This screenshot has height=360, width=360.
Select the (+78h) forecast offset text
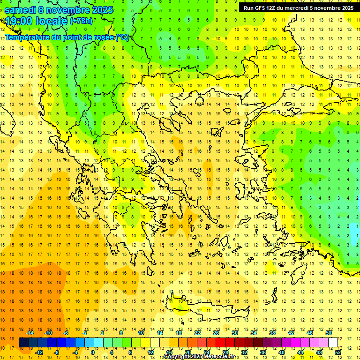81,21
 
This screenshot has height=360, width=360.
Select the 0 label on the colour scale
93,352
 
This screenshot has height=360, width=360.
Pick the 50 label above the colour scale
329,333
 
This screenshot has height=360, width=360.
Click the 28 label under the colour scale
225,352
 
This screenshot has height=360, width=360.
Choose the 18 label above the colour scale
179,333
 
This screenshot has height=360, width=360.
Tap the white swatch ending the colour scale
333,343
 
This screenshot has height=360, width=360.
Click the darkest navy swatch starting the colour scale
23,343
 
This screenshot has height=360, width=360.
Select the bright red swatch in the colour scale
221,343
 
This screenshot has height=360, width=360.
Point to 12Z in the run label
271,8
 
